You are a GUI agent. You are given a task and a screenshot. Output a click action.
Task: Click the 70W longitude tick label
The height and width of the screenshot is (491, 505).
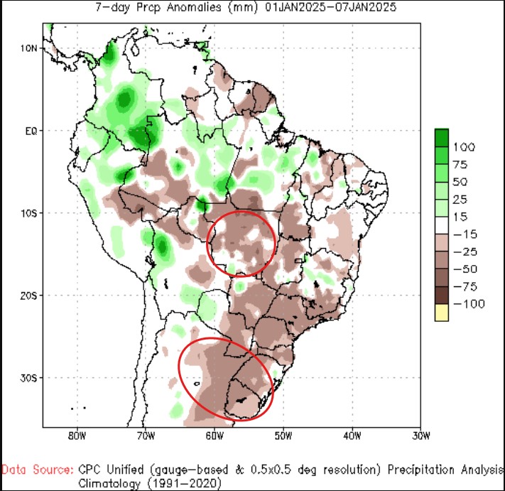point(146,434)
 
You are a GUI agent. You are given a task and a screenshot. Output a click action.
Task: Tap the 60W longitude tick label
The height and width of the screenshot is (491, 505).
point(215,434)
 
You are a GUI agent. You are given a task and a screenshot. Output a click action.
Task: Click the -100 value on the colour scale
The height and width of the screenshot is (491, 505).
point(469,304)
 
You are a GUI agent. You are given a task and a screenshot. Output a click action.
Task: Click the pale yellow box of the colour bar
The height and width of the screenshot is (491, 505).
point(442,312)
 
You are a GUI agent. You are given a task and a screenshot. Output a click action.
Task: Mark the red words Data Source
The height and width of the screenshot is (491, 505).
point(37,470)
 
